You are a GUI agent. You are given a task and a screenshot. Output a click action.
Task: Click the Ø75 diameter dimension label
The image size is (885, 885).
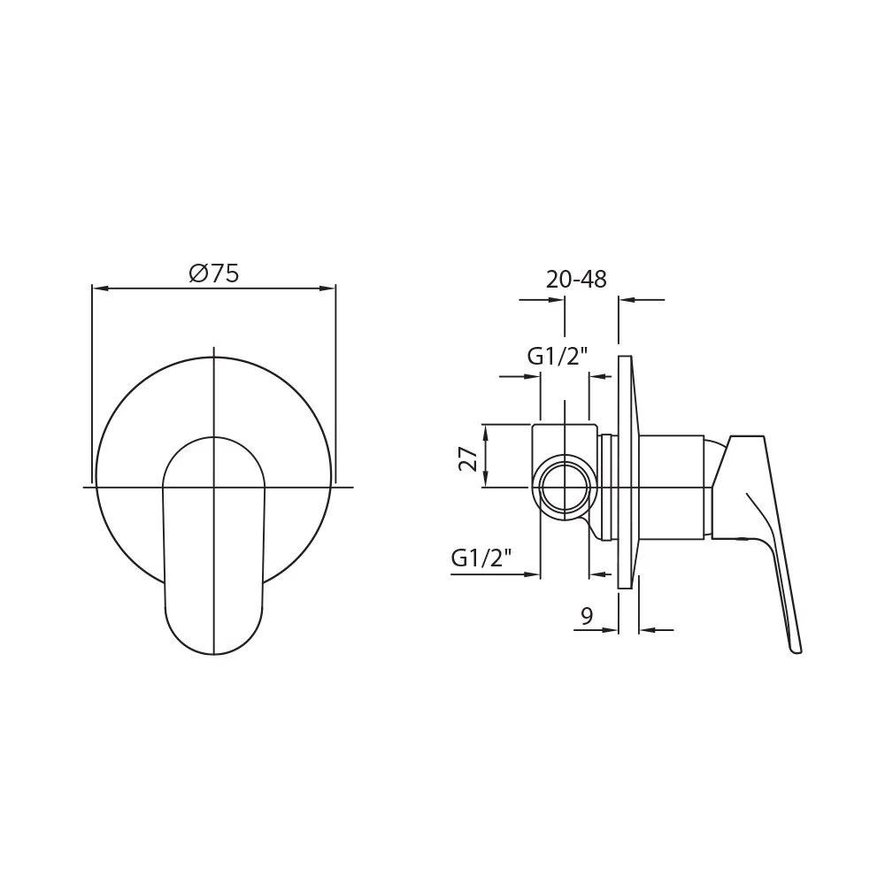[x=214, y=273]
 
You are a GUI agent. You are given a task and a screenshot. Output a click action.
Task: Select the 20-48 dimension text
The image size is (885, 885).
[x=576, y=280]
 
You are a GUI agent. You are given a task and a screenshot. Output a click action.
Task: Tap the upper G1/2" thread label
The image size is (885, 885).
[x=558, y=356]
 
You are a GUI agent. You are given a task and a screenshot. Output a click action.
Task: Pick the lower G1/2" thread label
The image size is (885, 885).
[x=481, y=558]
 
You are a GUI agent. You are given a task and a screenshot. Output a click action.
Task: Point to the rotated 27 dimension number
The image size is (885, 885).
[x=468, y=458]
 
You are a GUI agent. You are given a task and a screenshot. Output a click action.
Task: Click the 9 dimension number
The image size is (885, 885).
[x=587, y=616]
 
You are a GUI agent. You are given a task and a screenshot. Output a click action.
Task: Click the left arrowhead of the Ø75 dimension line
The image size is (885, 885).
[x=100, y=289]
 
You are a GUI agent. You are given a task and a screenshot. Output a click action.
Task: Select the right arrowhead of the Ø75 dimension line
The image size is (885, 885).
[x=328, y=289]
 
